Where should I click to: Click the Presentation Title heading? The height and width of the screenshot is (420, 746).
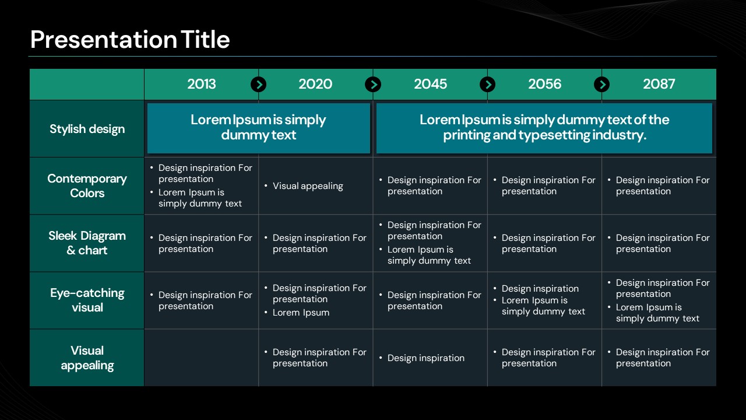pyautogui.click(x=130, y=39)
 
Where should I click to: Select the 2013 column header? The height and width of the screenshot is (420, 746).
pyautogui.click(x=201, y=84)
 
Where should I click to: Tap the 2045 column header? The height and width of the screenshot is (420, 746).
pyautogui.click(x=430, y=84)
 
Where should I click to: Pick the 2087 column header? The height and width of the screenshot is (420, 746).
pyautogui.click(x=659, y=84)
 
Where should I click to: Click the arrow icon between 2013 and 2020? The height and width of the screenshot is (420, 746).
pyautogui.click(x=258, y=85)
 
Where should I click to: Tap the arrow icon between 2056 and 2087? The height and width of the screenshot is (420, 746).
pyautogui.click(x=602, y=85)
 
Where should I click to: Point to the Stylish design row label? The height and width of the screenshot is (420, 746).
pyautogui.click(x=87, y=129)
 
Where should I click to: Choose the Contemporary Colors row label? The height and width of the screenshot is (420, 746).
pyautogui.click(x=87, y=185)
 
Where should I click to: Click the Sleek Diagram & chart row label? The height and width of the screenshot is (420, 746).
pyautogui.click(x=87, y=243)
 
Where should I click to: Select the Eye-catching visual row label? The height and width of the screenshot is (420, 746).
pyautogui.click(x=87, y=300)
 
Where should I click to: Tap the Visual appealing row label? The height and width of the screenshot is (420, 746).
pyautogui.click(x=87, y=358)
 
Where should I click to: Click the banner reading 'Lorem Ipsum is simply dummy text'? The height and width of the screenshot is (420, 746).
pyautogui.click(x=258, y=128)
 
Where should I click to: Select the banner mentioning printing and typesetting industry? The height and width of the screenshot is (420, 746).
pyautogui.click(x=544, y=128)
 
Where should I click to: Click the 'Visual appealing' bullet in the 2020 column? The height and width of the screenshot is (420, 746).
pyautogui.click(x=304, y=186)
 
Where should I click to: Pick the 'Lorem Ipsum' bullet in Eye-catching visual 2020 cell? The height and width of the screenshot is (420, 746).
pyautogui.click(x=297, y=313)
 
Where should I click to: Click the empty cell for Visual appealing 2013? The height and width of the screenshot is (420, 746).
pyautogui.click(x=201, y=358)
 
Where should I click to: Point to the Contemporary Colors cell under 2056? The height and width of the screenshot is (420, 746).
pyautogui.click(x=544, y=185)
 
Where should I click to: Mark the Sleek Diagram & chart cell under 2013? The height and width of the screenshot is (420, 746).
pyautogui.click(x=201, y=243)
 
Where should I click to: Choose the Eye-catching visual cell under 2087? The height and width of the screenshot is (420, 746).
pyautogui.click(x=659, y=300)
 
